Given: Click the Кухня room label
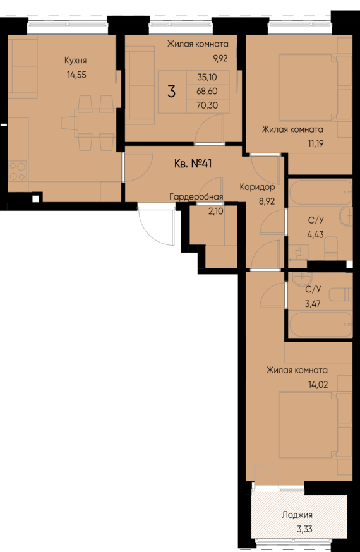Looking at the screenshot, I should (x=76, y=61).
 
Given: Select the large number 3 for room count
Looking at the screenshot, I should (x=171, y=90).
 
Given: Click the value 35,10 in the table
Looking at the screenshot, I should (x=206, y=77).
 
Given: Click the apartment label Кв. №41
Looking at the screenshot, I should (x=193, y=164).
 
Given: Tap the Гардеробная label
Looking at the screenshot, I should (x=196, y=197).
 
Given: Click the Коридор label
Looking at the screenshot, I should (x=257, y=188).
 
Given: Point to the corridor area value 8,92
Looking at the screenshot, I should (x=265, y=203).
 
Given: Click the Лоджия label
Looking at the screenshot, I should (x=297, y=515).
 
